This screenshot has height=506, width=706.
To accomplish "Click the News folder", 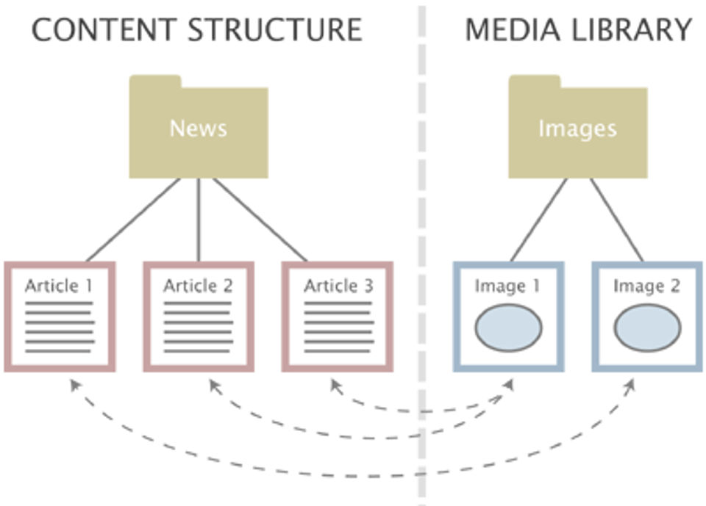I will tap(198, 129).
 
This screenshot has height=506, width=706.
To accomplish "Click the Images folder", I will tap(577, 129).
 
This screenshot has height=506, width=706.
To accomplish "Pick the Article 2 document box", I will tap(198, 316).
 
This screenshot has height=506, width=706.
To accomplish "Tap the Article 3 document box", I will tap(338, 316).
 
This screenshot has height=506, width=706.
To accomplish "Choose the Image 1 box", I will tap(508, 316).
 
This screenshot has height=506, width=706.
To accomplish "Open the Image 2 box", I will tap(647, 316).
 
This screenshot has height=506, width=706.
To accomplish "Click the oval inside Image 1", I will tap(508, 328).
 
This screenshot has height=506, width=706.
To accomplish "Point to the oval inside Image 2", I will tap(647, 328).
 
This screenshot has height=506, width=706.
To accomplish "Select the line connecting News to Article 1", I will tap(132, 220).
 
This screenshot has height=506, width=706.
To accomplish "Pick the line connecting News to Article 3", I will tap(260, 220).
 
